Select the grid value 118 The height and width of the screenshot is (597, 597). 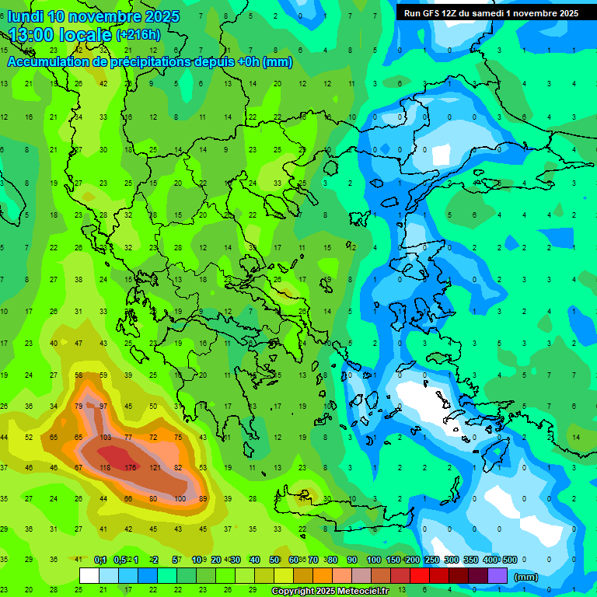point(104,467)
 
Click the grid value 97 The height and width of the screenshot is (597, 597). point(103,407)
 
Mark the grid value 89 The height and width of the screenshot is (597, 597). point(203,498)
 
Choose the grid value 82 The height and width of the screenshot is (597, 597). point(178,467)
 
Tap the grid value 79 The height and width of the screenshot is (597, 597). point(79,407)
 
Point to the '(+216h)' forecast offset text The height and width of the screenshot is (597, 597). point(138,35)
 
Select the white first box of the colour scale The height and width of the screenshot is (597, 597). point(89,576)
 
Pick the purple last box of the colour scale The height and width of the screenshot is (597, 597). point(497,576)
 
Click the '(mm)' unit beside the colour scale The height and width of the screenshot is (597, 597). point(526,577)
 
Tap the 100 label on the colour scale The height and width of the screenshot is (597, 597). point(374,560)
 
